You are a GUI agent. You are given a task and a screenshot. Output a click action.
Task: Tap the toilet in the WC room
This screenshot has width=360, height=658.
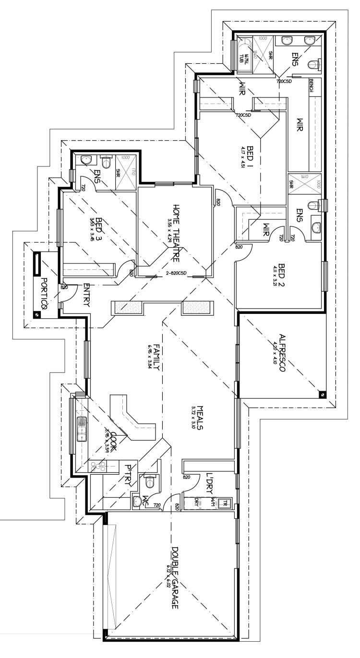[150, 479]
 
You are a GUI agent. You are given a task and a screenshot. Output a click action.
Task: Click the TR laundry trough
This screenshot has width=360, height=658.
[223, 503]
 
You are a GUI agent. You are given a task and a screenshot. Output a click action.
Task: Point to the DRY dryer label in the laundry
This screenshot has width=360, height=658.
[196, 501]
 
